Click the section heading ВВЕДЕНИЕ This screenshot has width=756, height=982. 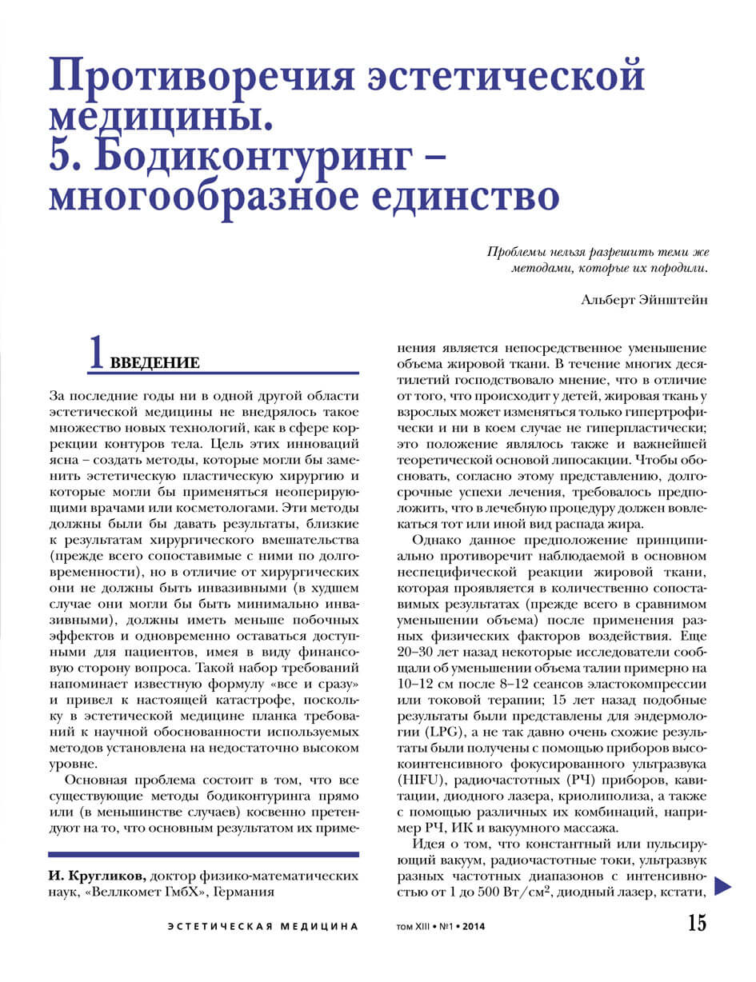[x=154, y=363]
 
